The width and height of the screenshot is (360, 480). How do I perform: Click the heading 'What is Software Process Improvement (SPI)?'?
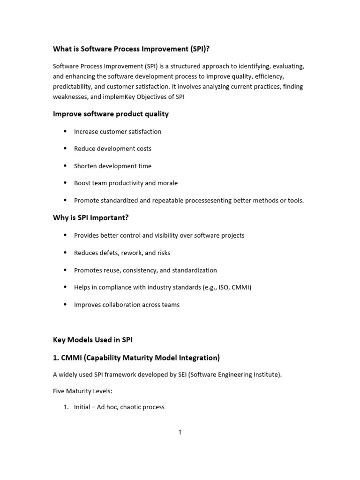click(x=136, y=49)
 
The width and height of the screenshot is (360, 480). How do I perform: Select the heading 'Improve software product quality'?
click(x=111, y=114)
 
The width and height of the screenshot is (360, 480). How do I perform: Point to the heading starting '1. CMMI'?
click(x=136, y=358)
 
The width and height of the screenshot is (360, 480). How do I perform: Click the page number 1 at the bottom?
click(x=180, y=432)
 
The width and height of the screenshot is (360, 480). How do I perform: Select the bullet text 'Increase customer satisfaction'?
click(x=118, y=132)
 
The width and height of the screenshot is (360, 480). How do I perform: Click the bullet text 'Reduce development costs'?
click(x=112, y=149)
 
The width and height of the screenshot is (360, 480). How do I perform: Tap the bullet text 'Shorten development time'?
click(x=112, y=166)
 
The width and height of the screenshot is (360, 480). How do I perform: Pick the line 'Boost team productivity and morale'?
click(x=126, y=183)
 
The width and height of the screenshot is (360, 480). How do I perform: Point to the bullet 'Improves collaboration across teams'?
click(x=127, y=305)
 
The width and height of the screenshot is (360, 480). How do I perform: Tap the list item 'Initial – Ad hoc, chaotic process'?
click(x=119, y=407)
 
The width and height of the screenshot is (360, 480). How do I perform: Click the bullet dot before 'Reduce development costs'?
click(x=65, y=149)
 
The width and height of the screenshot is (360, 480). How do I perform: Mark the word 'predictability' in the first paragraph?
click(x=73, y=86)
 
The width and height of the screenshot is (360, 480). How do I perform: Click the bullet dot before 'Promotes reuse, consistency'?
click(x=65, y=270)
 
